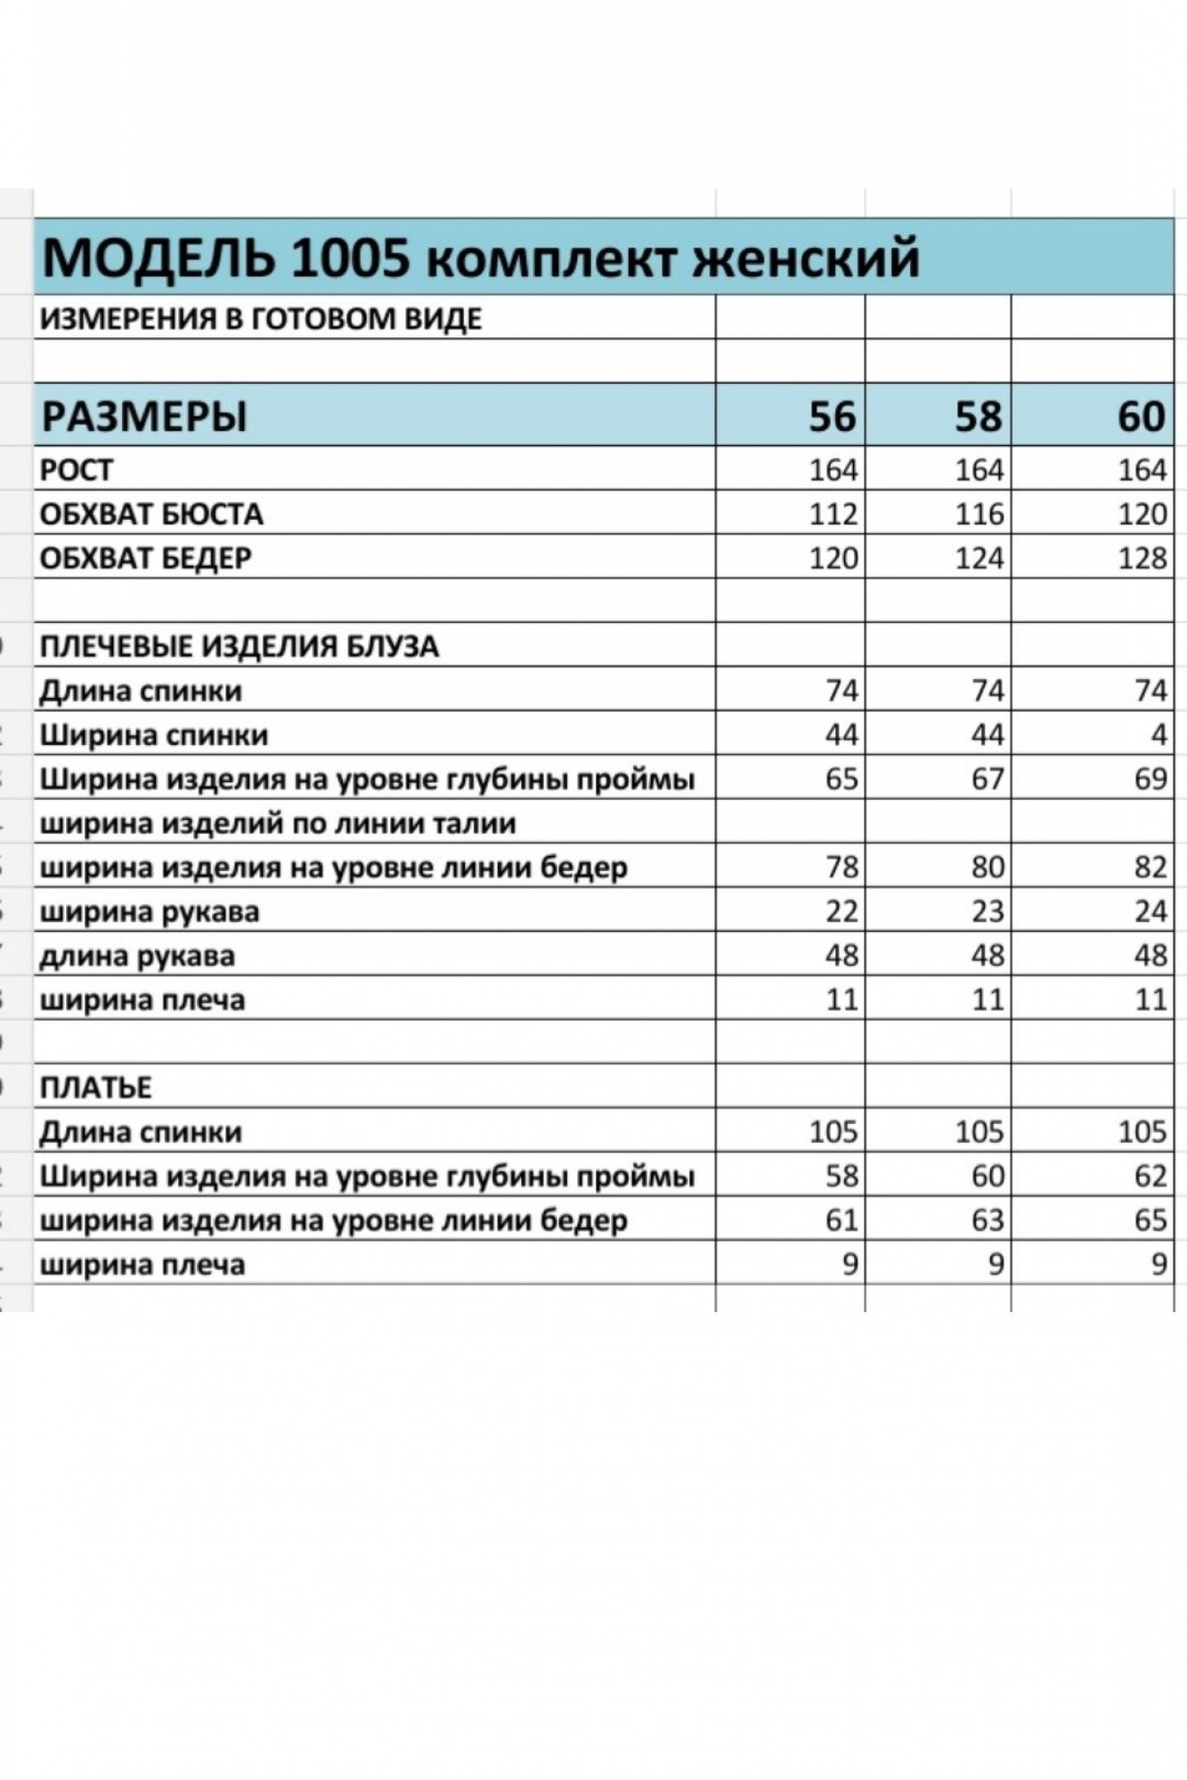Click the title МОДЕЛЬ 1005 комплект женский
tap(481, 259)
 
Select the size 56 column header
tap(832, 417)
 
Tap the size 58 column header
tap(979, 417)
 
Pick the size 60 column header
tap(1141, 417)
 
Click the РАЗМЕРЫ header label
tap(144, 417)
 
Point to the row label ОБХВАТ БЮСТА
tap(151, 514)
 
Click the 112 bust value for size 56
tap(833, 514)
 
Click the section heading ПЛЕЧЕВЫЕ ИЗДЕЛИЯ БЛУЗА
tap(240, 646)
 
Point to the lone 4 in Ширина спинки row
tap(1158, 735)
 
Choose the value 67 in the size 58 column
tap(988, 779)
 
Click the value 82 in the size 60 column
tap(1150, 867)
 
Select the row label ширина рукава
tap(150, 911)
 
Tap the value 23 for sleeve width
tap(988, 911)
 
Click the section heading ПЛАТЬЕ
tap(96, 1088)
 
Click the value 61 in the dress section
tap(841, 1220)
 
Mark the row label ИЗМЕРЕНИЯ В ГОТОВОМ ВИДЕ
tap(261, 318)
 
